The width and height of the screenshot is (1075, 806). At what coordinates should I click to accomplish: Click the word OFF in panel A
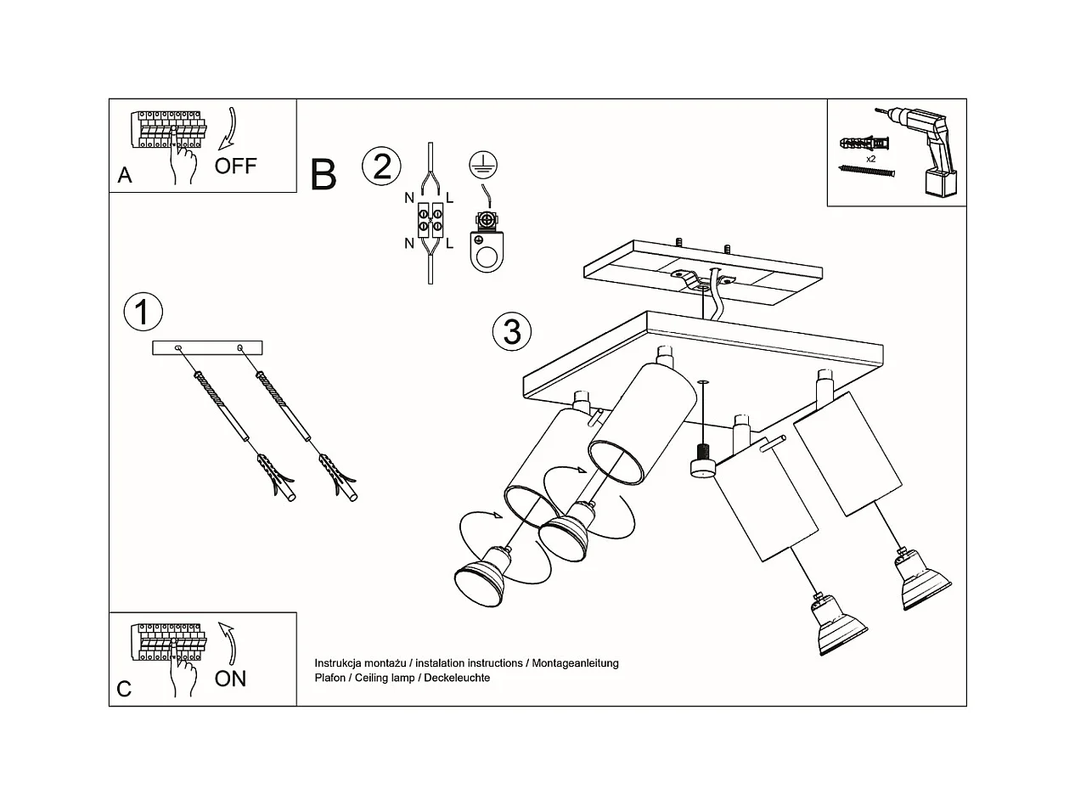tap(235, 166)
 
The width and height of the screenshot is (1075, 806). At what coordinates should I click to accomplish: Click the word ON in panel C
tap(230, 679)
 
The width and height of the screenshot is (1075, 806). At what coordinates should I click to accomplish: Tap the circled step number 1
tap(143, 312)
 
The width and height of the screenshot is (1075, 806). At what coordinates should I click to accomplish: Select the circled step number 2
tap(381, 166)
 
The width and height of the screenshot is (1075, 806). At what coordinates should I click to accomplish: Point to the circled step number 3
tap(511, 331)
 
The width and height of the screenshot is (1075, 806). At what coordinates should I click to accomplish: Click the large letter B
tap(324, 174)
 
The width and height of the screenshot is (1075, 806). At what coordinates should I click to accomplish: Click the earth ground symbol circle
tap(483, 166)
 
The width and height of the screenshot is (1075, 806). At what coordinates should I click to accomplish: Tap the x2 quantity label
tap(870, 159)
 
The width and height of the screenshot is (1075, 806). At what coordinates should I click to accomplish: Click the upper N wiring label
tap(409, 199)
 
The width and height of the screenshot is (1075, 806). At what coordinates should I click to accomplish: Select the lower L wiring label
tap(449, 244)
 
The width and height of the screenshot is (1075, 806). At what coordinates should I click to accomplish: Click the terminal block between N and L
tap(431, 220)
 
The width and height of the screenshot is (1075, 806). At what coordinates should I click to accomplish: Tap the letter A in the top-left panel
tap(125, 176)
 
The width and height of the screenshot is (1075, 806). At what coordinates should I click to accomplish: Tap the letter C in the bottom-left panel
tap(124, 689)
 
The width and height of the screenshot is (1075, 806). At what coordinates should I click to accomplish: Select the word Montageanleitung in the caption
tap(575, 663)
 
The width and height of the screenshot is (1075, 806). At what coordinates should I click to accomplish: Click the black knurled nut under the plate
tap(702, 452)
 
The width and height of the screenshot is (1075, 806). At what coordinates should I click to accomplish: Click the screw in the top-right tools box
tap(866, 171)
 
